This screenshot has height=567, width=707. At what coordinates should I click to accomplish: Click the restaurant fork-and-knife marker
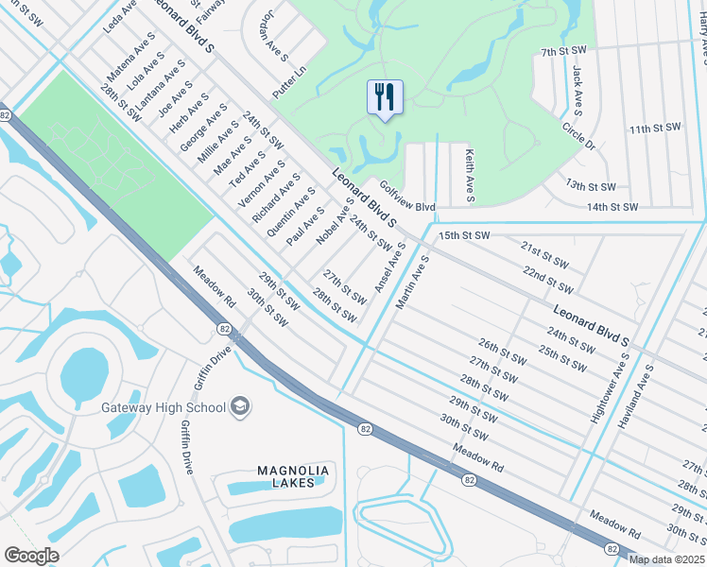pyautogui.click(x=385, y=97)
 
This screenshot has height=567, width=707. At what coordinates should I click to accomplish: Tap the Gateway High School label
pyautogui.click(x=164, y=407)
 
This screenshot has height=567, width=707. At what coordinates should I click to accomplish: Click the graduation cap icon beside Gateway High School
pyautogui.click(x=240, y=406)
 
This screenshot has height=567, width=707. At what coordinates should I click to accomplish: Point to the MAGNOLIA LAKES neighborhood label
pyautogui.click(x=293, y=477)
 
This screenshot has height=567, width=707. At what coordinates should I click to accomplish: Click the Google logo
pyautogui.click(x=31, y=556)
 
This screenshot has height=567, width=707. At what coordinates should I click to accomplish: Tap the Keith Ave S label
pyautogui.click(x=469, y=175)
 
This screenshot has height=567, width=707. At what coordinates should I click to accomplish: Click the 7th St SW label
pyautogui.click(x=565, y=51)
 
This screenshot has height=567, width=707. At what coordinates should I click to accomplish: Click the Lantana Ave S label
pyautogui.click(x=160, y=84)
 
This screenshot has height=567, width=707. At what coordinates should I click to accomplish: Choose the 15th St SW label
pyautogui.click(x=463, y=234)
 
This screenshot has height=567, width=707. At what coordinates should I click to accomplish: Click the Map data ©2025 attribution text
pyautogui.click(x=666, y=559)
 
